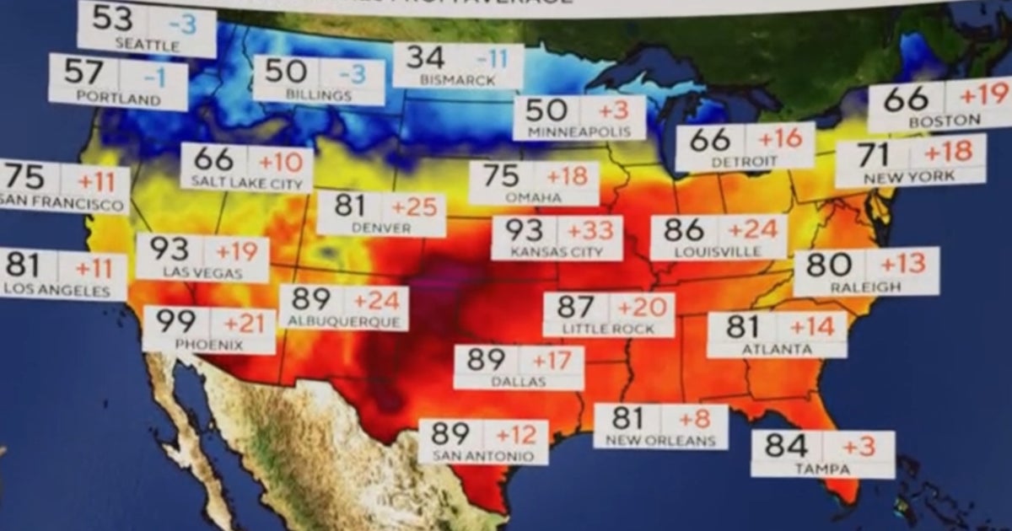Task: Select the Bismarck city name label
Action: point(457,81)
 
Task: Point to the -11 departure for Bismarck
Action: point(492,59)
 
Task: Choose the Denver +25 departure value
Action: point(412,206)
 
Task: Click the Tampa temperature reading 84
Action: point(786,445)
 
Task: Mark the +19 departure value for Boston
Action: point(983,95)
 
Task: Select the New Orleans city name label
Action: point(659,440)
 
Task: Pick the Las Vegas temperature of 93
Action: point(170,250)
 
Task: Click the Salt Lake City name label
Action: point(246,181)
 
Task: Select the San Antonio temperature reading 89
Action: point(450,434)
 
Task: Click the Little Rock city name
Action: point(608,329)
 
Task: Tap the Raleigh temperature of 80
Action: point(828,264)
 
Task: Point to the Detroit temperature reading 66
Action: point(710,139)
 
